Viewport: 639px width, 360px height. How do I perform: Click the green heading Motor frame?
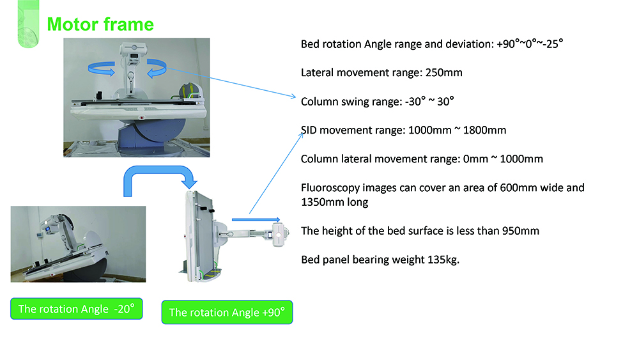click(100, 25)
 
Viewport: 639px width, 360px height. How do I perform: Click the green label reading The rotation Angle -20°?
click(76, 309)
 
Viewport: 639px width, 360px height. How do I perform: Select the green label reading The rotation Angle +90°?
click(227, 313)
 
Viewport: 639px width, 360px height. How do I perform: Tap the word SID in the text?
click(311, 130)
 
